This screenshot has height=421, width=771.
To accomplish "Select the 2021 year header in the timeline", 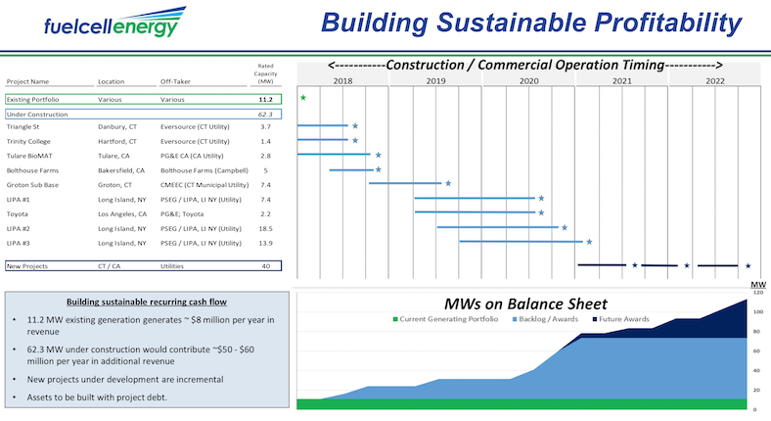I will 621,81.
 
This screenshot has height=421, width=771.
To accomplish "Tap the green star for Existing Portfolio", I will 303,98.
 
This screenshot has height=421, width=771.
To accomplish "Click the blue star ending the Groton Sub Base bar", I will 448,183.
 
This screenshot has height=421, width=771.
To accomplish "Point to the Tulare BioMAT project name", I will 28,156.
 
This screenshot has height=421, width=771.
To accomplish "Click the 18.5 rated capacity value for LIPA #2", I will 264,227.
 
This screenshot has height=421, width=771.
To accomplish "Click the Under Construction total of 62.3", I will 264,114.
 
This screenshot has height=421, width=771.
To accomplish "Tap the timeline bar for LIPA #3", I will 521,242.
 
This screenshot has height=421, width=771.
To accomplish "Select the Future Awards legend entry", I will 624,320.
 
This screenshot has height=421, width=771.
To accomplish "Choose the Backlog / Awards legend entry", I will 546,320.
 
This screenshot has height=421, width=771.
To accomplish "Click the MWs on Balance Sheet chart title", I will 525,304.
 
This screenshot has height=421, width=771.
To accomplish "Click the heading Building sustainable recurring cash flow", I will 148,302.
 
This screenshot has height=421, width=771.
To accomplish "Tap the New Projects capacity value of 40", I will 265,265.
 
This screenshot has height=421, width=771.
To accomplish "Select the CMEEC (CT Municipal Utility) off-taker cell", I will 202,184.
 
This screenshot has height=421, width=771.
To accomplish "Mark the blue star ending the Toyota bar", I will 540,212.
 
